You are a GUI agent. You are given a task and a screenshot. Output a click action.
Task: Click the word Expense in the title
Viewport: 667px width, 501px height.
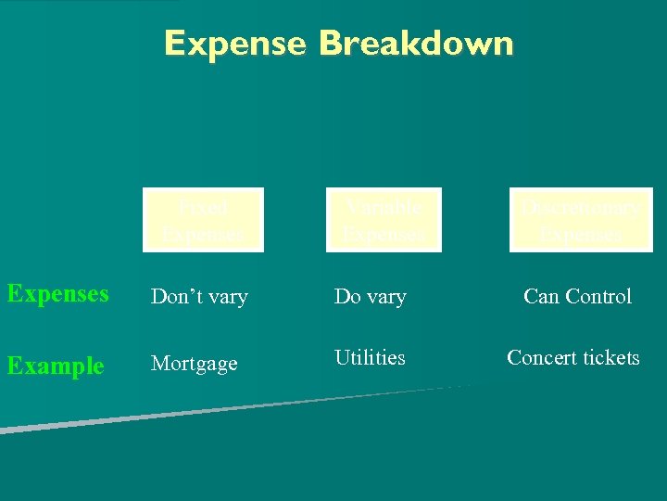[234, 44]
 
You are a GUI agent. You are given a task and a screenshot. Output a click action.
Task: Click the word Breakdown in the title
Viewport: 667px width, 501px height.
[415, 44]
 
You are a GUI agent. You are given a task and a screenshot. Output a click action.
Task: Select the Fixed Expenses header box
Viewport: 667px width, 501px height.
[204, 220]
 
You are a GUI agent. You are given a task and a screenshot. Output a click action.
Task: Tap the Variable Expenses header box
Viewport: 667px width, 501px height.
[384, 220]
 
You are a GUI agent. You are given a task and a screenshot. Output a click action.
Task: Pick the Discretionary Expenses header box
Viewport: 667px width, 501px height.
[581, 220]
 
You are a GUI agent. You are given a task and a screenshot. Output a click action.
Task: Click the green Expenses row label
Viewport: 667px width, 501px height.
[57, 294]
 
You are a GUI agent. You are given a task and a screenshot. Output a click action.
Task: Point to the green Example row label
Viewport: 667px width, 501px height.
[56, 366]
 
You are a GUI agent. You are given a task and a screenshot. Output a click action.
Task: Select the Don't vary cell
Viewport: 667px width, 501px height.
[199, 297]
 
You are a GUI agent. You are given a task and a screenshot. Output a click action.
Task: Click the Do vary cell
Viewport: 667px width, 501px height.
[370, 297]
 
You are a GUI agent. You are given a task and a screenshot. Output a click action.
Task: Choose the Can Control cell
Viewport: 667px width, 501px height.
[577, 297]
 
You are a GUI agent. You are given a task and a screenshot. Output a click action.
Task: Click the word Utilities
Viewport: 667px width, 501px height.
[370, 357]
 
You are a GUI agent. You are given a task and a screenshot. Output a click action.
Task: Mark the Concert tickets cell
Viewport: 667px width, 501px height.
[573, 358]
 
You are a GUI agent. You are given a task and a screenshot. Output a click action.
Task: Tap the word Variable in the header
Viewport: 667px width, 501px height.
[384, 206]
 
